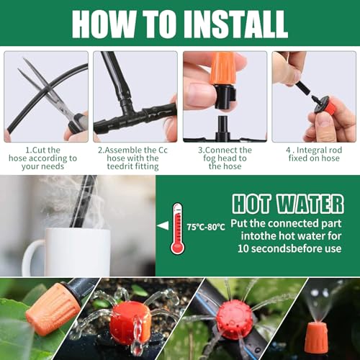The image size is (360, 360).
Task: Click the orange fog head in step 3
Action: point(222,70)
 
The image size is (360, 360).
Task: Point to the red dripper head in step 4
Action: point(322,104)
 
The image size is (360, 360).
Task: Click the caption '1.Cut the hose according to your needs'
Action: point(42,158)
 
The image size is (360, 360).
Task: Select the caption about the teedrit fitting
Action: point(132,158)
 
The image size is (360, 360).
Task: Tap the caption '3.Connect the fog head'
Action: point(225,158)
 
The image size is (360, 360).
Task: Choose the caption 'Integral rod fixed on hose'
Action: point(314,154)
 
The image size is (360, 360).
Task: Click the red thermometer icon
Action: point(177,228)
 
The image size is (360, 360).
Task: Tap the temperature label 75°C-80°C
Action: point(206,227)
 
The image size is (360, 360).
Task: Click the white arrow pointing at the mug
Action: point(163,226)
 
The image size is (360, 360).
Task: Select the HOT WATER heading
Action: point(288,204)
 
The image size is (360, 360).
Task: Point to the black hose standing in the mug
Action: point(83,202)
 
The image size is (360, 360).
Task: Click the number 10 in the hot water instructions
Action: point(243,248)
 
